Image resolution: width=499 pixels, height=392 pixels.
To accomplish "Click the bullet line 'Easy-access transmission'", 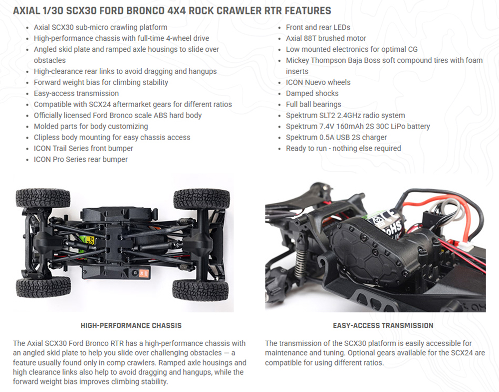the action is [76, 94].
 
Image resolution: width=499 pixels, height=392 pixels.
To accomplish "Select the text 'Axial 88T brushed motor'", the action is [326, 38].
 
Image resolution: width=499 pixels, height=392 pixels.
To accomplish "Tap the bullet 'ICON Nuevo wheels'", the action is [318, 82].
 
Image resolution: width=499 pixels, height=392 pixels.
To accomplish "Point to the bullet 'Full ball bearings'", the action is [313, 105].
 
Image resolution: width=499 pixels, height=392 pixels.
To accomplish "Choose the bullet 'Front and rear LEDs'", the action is [318, 27].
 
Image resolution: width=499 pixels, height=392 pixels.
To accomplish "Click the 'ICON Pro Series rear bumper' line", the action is [81, 159].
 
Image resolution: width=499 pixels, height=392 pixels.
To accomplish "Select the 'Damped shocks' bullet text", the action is [312, 94].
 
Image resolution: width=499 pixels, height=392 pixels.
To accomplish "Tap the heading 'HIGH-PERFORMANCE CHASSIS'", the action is [131, 326].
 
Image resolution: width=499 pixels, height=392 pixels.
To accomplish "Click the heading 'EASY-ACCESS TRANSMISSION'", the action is [383, 326].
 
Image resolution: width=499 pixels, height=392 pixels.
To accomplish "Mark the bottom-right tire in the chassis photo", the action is [201, 290].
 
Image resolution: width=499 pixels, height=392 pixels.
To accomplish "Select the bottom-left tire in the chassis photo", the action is [43, 287].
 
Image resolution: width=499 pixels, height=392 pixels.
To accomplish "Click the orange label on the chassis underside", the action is [144, 273].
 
